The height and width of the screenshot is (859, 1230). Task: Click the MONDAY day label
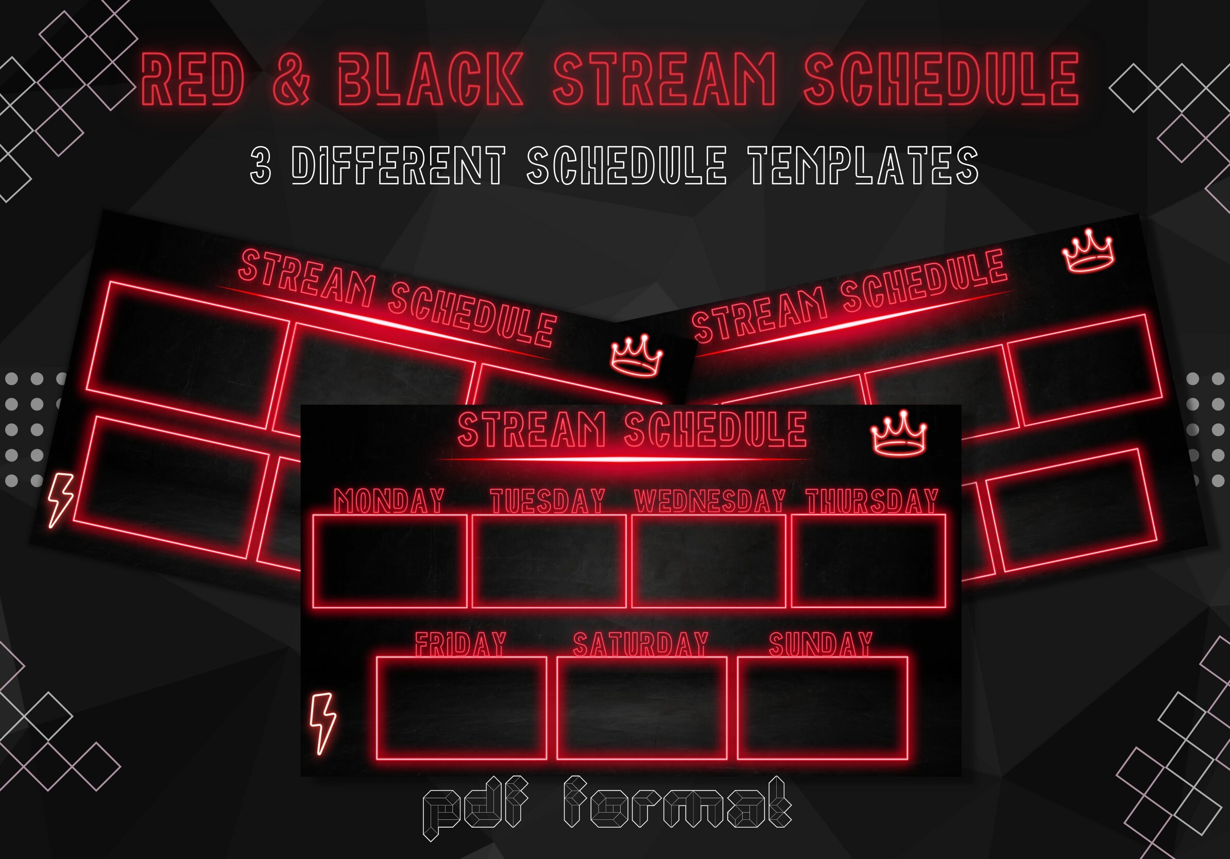pyautogui.click(x=389, y=501)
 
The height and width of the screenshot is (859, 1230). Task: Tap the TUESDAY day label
pyautogui.click(x=548, y=501)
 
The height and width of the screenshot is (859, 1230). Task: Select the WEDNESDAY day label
pyautogui.click(x=709, y=501)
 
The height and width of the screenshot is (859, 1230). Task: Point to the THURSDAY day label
pyautogui.click(x=872, y=501)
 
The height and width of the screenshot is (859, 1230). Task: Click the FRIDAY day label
pyautogui.click(x=460, y=644)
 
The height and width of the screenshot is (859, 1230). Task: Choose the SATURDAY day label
pyautogui.click(x=641, y=644)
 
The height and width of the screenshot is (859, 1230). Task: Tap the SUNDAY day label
pyautogui.click(x=821, y=644)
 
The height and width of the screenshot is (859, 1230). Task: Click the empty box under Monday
pyautogui.click(x=389, y=561)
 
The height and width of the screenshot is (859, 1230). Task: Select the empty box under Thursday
pyautogui.click(x=868, y=561)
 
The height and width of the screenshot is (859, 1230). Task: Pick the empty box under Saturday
pyautogui.click(x=642, y=708)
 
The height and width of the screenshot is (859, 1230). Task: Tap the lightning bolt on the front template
pyautogui.click(x=323, y=723)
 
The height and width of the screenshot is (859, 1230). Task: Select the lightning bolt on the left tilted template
pyautogui.click(x=60, y=500)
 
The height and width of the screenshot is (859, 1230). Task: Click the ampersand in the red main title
pyautogui.click(x=291, y=79)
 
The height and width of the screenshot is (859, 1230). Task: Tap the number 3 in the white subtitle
pyautogui.click(x=261, y=166)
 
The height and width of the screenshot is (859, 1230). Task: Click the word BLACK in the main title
pyautogui.click(x=430, y=79)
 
